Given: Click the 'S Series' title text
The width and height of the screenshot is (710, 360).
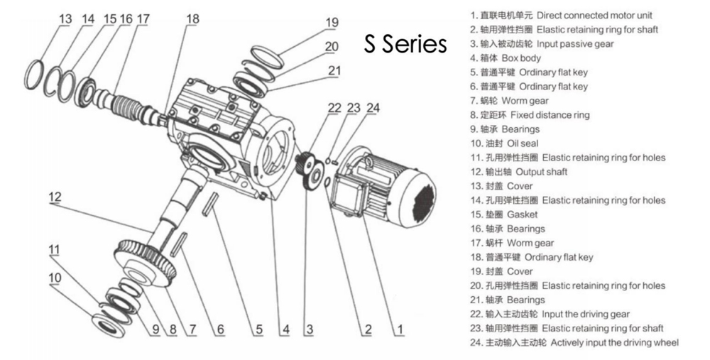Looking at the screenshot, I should (405, 44).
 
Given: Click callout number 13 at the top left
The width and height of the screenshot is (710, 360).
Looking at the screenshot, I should (65, 19).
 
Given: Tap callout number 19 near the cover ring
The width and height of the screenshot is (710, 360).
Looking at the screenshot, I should (332, 22).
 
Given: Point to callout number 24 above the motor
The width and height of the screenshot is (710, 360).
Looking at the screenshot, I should (373, 109).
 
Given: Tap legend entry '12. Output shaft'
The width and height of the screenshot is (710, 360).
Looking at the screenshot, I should (518, 172).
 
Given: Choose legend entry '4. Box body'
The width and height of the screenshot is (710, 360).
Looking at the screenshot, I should (505, 58).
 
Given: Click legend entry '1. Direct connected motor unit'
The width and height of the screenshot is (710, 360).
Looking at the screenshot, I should (561, 15).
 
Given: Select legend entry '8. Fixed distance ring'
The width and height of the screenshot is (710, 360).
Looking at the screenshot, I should (529, 115).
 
